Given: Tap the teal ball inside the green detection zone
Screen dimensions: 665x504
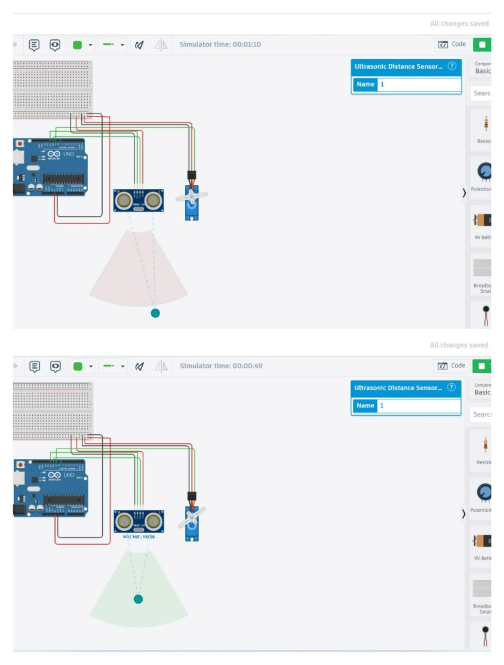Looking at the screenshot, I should pyautogui.click(x=138, y=599).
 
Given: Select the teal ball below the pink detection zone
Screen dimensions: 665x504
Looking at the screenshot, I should pyautogui.click(x=155, y=313).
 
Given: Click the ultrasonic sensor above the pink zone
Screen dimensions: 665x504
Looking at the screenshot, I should pyautogui.click(x=139, y=201).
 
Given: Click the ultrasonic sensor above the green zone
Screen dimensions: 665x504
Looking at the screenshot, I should pyautogui.click(x=139, y=522).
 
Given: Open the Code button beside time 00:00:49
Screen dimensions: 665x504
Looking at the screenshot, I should pyautogui.click(x=451, y=365).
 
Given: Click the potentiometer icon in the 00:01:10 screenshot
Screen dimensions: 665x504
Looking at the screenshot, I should pyautogui.click(x=484, y=171).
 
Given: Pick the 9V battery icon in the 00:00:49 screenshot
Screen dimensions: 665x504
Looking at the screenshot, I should pyautogui.click(x=482, y=541).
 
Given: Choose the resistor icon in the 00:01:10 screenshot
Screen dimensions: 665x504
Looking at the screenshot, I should pyautogui.click(x=486, y=124).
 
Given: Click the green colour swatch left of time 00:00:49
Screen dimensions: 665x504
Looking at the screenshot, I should pyautogui.click(x=78, y=366).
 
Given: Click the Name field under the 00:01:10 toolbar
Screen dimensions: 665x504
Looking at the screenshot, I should pyautogui.click(x=419, y=84).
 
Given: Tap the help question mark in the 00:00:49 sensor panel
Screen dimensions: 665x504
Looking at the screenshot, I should pyautogui.click(x=451, y=387).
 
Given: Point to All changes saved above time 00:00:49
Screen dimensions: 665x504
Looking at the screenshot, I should pyautogui.click(x=459, y=345).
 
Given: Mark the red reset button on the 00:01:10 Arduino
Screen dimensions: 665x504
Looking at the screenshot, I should pyautogui.click(x=20, y=144).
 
